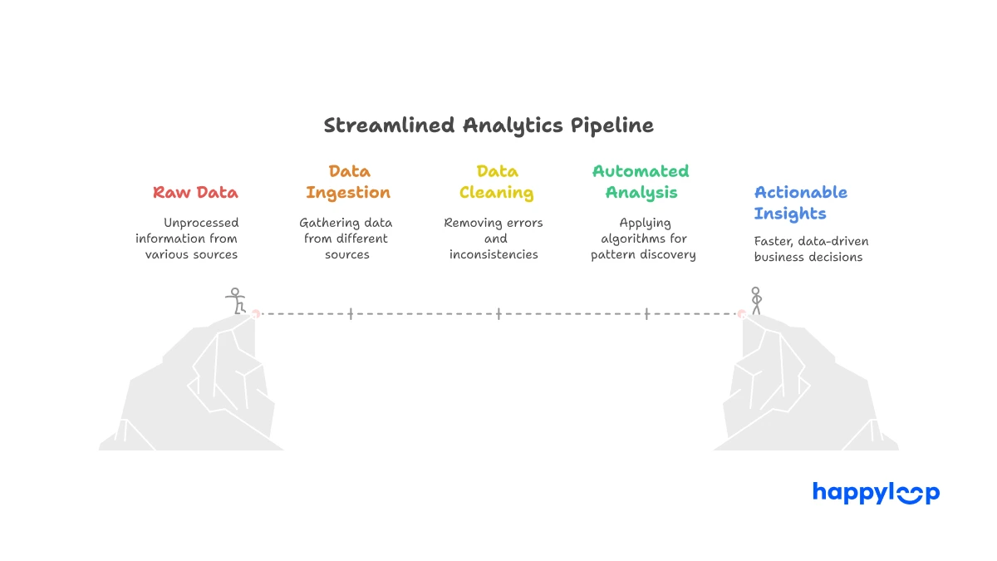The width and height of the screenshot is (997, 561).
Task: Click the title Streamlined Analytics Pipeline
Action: [x=489, y=125]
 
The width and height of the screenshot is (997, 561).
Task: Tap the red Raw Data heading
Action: [x=195, y=193]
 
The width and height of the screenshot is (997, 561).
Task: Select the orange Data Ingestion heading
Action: [x=348, y=182]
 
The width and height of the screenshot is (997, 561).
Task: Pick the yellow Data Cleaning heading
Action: [x=497, y=182]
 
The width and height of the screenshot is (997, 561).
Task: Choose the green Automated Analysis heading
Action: [x=641, y=182]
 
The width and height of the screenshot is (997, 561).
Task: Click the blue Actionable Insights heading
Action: [x=800, y=203]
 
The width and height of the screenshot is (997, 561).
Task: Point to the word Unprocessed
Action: [x=201, y=223]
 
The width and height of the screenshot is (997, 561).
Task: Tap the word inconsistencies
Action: [x=494, y=254]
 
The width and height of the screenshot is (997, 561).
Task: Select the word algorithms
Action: [x=634, y=239]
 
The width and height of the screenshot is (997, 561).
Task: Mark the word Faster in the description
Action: [x=774, y=242]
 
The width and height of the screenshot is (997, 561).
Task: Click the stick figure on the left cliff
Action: [x=236, y=301]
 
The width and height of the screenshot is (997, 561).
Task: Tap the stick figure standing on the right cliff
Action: [x=755, y=300]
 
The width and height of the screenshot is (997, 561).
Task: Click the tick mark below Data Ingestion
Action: [x=351, y=314]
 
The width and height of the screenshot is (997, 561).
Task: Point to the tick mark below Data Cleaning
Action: [x=498, y=314]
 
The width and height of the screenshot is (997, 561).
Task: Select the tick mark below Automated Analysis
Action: [x=646, y=314]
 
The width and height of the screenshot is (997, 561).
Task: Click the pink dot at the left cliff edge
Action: [x=256, y=313]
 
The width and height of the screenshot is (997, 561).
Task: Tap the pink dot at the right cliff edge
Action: [x=741, y=313]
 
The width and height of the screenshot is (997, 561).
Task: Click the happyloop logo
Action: [x=876, y=493]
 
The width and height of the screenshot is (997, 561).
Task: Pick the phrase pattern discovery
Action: [x=643, y=254]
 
